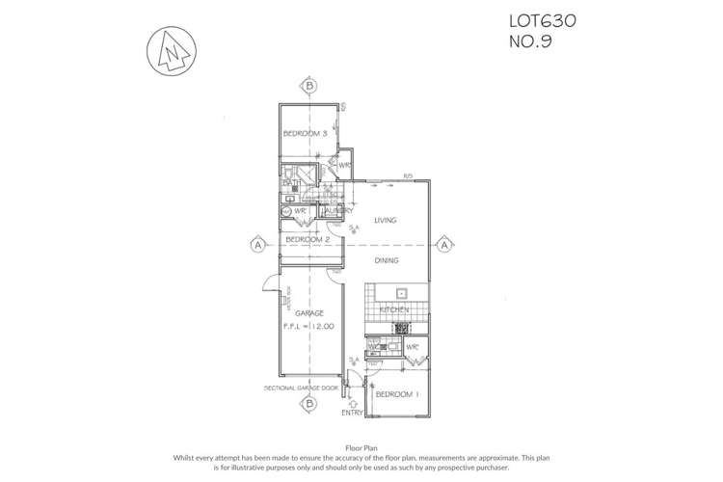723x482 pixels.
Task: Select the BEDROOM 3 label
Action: point(307,134)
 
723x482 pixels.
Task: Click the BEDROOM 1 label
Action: point(396,396)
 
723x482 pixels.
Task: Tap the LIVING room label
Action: point(386,221)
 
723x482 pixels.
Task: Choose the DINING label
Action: point(387,260)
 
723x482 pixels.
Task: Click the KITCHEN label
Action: point(394,309)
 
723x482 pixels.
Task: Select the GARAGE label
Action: point(309,313)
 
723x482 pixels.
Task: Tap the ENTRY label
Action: point(354,415)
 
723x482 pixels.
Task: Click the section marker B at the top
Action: point(308,86)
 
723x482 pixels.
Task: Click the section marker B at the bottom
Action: point(308,405)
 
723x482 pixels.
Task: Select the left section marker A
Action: point(257,245)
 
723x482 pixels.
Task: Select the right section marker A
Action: point(443,245)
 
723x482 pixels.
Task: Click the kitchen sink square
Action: point(402,294)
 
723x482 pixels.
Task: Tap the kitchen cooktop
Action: point(394,329)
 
